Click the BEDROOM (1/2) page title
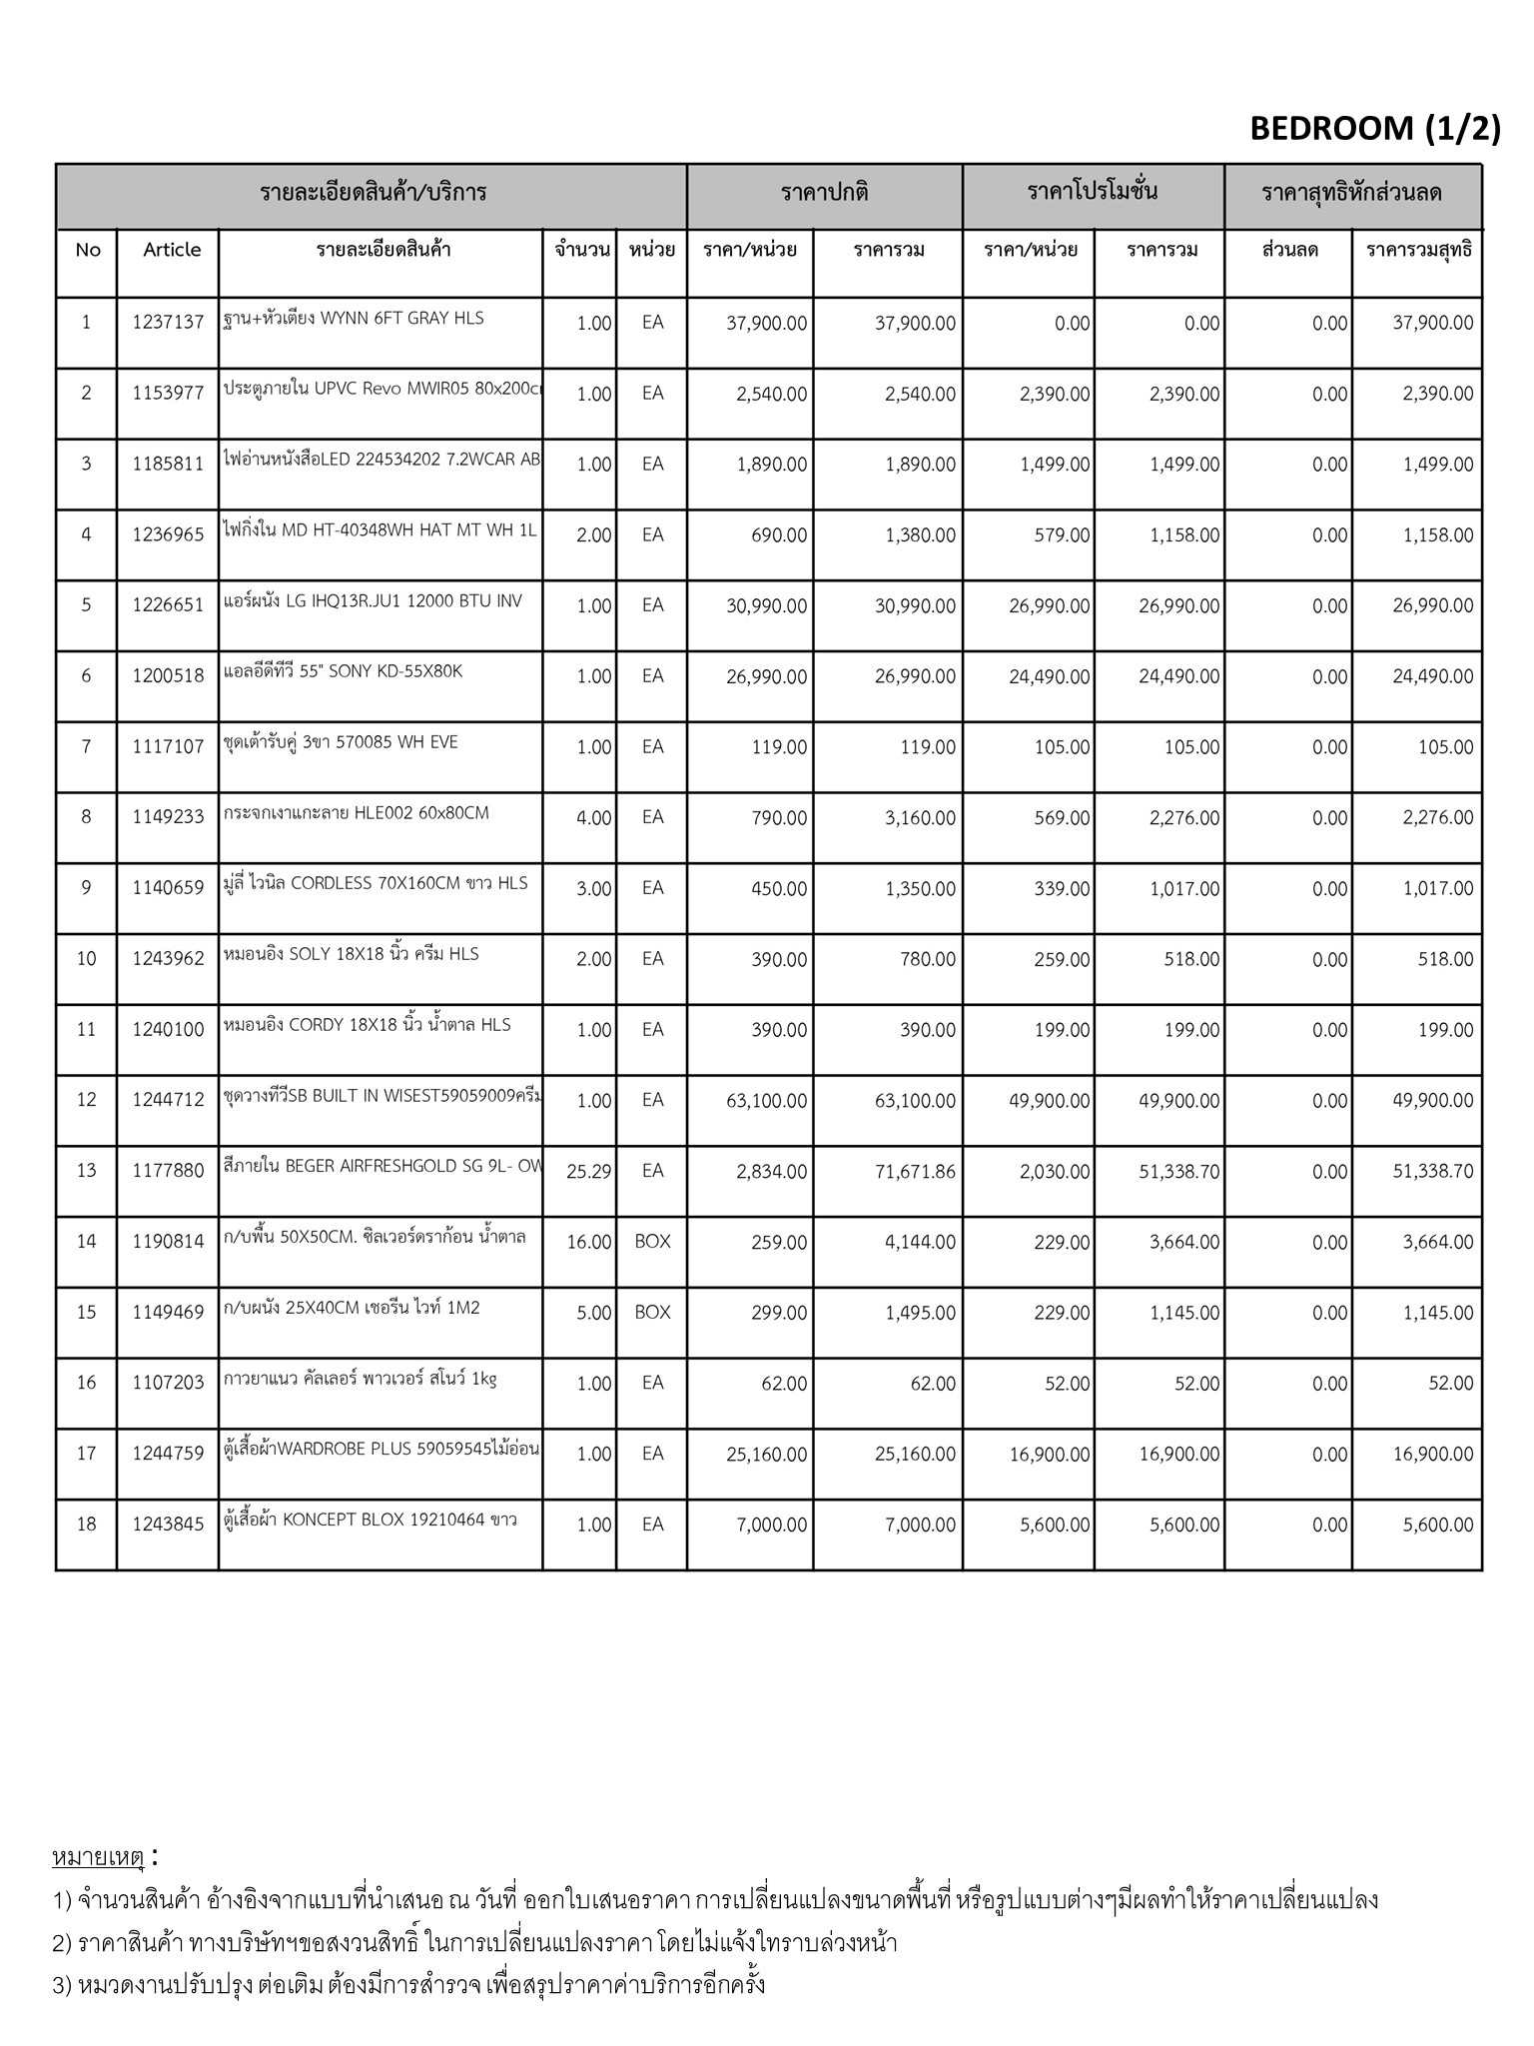[x=1374, y=129]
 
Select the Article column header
[x=172, y=250]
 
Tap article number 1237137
[x=168, y=323]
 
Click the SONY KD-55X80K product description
[x=344, y=671]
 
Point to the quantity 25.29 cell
[x=588, y=1171]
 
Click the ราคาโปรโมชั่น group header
[x=1093, y=193]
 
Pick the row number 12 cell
[x=87, y=1100]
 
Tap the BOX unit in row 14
[x=652, y=1242]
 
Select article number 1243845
[x=168, y=1525]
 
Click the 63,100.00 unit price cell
[x=766, y=1101]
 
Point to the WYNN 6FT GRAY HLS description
[x=354, y=319]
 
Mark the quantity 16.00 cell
[x=588, y=1242]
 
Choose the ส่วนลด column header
[x=1289, y=250]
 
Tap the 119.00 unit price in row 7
[x=779, y=747]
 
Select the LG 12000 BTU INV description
[x=373, y=601]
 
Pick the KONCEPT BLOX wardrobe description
[x=370, y=1521]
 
